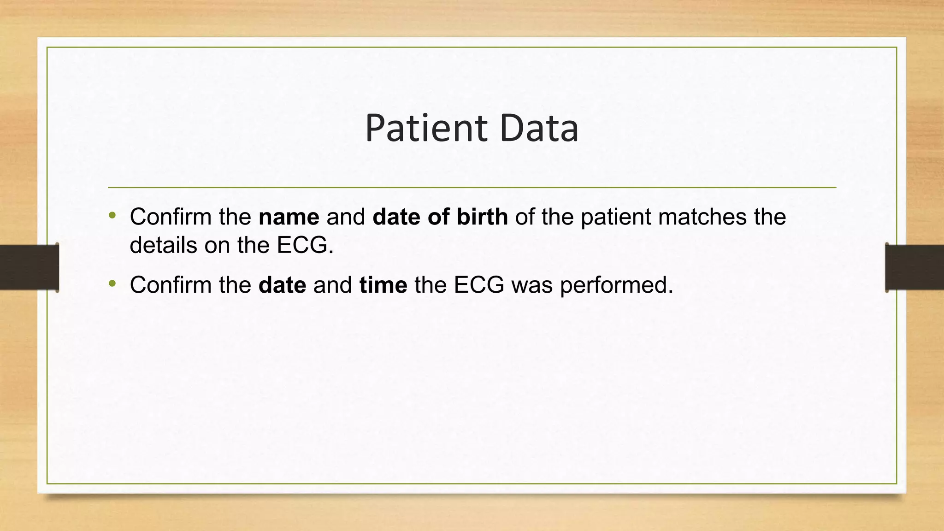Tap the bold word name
289,217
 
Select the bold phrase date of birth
440,217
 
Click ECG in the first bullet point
305,245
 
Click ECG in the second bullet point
479,285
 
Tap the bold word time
383,285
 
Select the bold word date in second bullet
282,285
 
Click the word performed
616,285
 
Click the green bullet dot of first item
112,216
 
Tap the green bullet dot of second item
112,284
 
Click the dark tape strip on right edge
914,267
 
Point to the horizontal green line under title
472,188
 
